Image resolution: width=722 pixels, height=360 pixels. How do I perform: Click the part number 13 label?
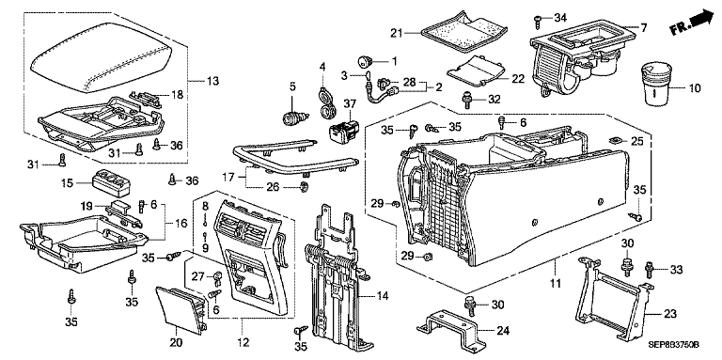click(x=212, y=82)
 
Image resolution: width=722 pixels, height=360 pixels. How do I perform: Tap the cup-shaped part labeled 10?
click(x=655, y=86)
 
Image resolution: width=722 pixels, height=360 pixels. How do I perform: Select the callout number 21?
click(x=398, y=33)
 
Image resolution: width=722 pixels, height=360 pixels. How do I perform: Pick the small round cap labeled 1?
click(x=366, y=60)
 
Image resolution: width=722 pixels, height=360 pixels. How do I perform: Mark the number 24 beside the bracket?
click(x=503, y=331)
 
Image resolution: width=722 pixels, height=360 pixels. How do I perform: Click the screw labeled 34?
click(x=538, y=18)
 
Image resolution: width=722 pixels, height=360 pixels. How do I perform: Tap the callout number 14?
click(x=383, y=295)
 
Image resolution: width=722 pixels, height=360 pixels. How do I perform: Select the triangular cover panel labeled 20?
click(x=180, y=308)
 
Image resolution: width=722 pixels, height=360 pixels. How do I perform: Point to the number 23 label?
click(x=670, y=314)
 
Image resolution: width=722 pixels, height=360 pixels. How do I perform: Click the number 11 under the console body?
click(x=556, y=283)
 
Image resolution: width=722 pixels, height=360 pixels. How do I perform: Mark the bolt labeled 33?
click(x=650, y=270)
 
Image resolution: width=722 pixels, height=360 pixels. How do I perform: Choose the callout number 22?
click(x=518, y=79)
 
